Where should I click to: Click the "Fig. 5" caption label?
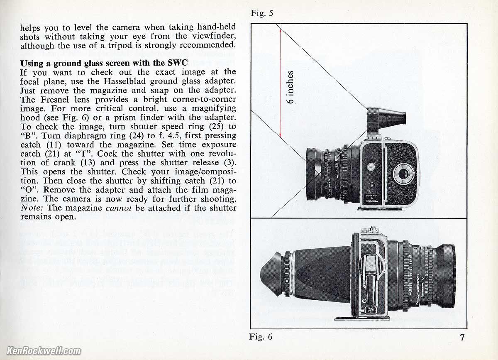point(262,13)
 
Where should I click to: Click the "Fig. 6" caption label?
point(261,336)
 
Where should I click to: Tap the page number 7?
point(462,337)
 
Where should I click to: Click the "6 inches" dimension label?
point(290,87)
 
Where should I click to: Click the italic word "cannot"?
point(120,208)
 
